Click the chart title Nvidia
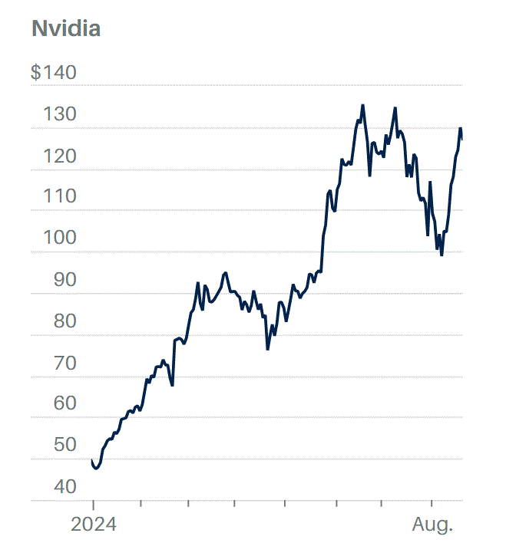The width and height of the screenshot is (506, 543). click(x=66, y=28)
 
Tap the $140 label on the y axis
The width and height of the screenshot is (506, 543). click(x=54, y=72)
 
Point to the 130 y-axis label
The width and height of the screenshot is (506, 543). click(x=60, y=114)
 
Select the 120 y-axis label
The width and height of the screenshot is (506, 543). click(x=60, y=156)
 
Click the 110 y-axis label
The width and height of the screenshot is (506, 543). click(x=60, y=196)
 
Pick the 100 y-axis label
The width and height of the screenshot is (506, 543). click(x=60, y=237)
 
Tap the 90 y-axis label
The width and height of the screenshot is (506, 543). click(x=64, y=279)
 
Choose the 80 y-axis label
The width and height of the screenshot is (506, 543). click(x=64, y=321)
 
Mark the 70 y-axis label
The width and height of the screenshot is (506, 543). click(x=64, y=363)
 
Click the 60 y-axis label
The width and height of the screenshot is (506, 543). click(x=64, y=403)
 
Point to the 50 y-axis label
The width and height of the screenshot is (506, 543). click(x=64, y=444)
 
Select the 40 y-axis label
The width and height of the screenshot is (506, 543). click(x=64, y=486)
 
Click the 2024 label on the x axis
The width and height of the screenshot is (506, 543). click(x=94, y=525)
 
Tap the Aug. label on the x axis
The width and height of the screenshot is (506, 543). click(x=432, y=525)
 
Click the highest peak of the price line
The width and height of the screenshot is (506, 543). click(x=362, y=105)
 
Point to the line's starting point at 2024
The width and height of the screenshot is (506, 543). click(x=92, y=460)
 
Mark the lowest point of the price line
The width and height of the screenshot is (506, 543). click(x=96, y=469)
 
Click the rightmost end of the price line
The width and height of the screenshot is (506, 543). click(x=462, y=140)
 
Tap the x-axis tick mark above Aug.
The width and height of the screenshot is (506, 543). click(x=432, y=504)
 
